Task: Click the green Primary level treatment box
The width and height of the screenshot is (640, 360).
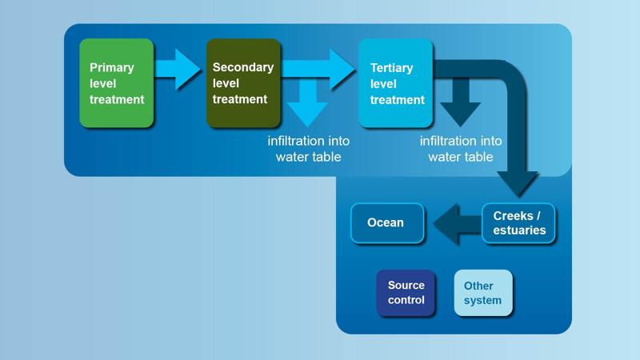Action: click(x=116, y=83)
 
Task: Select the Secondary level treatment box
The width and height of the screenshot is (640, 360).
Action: click(x=243, y=83)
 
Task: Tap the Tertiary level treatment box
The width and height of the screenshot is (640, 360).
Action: click(x=395, y=83)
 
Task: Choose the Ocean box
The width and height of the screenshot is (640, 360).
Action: click(x=386, y=222)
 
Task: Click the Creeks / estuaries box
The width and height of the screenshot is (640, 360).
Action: click(x=518, y=223)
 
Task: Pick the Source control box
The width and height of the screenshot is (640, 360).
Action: click(x=406, y=293)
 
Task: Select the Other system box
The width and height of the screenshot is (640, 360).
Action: click(x=483, y=293)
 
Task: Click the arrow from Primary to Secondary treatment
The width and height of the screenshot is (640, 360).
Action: click(x=178, y=70)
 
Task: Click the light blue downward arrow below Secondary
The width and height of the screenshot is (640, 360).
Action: click(x=307, y=104)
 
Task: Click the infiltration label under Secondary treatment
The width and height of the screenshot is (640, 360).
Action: click(x=308, y=149)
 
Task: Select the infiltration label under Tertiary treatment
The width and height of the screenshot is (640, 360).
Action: click(x=461, y=149)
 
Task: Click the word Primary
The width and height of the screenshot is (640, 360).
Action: click(x=111, y=68)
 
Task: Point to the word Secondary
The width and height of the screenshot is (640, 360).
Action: click(x=242, y=68)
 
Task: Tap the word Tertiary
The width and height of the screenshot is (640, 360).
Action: click(x=392, y=68)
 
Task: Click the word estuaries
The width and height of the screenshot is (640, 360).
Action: click(x=519, y=230)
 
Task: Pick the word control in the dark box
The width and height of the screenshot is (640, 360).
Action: click(x=406, y=300)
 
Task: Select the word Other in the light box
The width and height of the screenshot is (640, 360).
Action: click(x=478, y=286)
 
